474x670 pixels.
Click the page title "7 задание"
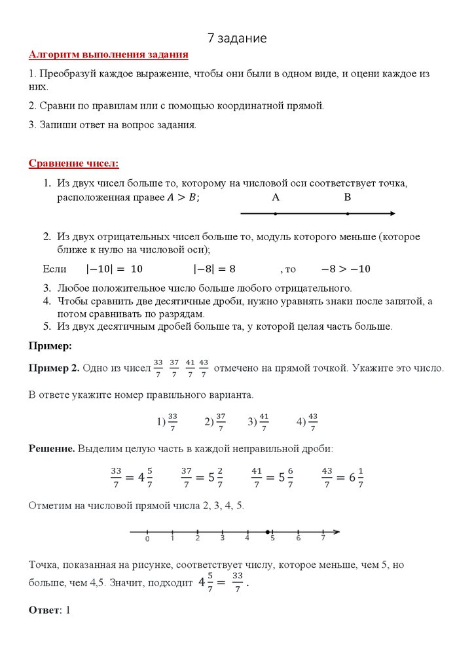pos(237,38)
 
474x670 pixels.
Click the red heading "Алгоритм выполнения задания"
pos(109,55)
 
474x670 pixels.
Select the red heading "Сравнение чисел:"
pos(74,163)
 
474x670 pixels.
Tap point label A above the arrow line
pos(276,197)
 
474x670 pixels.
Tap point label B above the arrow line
pos(348,197)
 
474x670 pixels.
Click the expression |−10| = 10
pos(115,269)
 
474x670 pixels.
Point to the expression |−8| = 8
pos(214,269)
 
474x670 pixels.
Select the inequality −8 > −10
pos(345,269)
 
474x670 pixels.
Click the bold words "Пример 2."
pos(54,368)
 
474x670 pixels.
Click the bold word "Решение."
pos(52,449)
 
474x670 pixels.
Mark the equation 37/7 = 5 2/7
pos(202,478)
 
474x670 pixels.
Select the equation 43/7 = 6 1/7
pos(343,478)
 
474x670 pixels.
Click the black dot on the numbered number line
pos(268,531)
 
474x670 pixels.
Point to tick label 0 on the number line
pos(147,539)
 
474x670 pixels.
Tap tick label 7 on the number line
pos(323,539)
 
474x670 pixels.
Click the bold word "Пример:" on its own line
pos(50,345)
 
